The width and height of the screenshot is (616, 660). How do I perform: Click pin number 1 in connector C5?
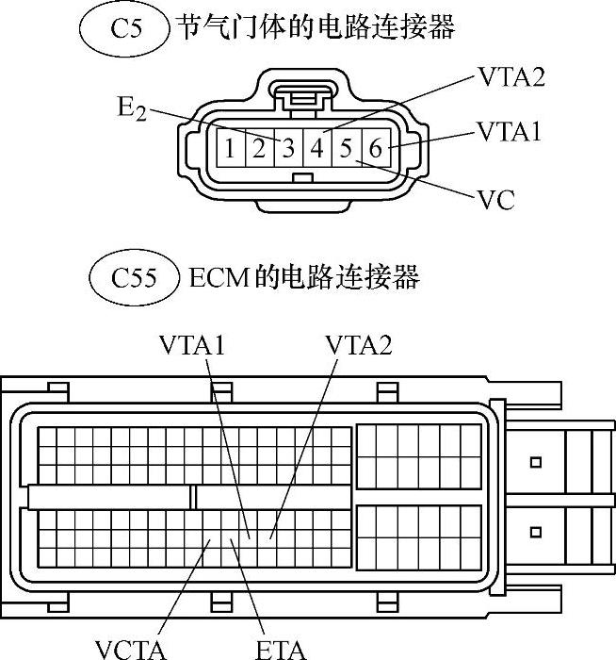coord(229,148)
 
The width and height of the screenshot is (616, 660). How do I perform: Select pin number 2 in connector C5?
coord(258,148)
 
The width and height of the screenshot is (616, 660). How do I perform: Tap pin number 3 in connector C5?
coord(287,148)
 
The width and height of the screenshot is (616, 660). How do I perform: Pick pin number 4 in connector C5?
coord(316,148)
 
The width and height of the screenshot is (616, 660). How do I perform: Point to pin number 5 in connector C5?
coord(346,148)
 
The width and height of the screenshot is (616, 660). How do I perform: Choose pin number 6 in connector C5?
coord(375,148)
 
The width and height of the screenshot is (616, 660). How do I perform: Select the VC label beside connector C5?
coord(496,200)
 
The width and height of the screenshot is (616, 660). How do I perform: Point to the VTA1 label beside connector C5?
coord(510,130)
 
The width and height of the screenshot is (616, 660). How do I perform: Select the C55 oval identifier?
coord(132,278)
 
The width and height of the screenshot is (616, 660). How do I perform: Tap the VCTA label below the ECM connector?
coord(131,649)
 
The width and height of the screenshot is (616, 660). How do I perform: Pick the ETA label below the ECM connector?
coord(282,649)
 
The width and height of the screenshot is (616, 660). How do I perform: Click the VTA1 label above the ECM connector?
coord(194,346)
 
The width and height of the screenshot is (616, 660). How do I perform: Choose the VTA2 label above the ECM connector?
coord(358,346)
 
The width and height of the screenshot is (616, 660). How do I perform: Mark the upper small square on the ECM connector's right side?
coord(536,462)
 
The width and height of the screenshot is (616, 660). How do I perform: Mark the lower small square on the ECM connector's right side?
coord(536,532)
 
